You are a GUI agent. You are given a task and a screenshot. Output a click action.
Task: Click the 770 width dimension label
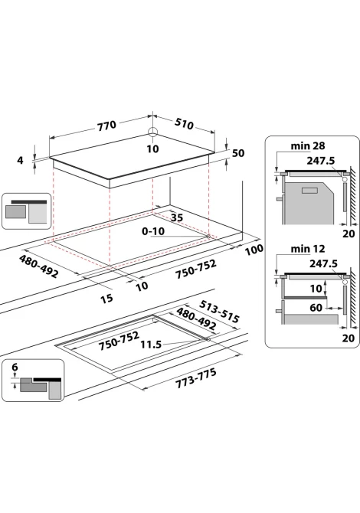pos(106,125)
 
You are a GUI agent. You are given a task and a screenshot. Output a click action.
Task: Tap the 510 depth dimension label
pos(184,123)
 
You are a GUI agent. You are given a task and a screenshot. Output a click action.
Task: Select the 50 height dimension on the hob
pos(238,153)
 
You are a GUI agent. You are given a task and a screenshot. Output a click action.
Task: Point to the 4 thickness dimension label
pos(20,160)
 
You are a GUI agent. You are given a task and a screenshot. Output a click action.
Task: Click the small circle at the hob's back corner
pos(152,132)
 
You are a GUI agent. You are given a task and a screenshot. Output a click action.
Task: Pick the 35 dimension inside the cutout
pos(177,217)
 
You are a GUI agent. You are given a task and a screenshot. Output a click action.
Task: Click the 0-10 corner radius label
pos(153,231)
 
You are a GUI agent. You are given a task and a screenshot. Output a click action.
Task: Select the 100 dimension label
pos(254,250)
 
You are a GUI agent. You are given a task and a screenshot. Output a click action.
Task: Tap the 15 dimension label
pos(106,298)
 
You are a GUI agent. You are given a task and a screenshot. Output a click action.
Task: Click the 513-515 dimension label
pos(219,311)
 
